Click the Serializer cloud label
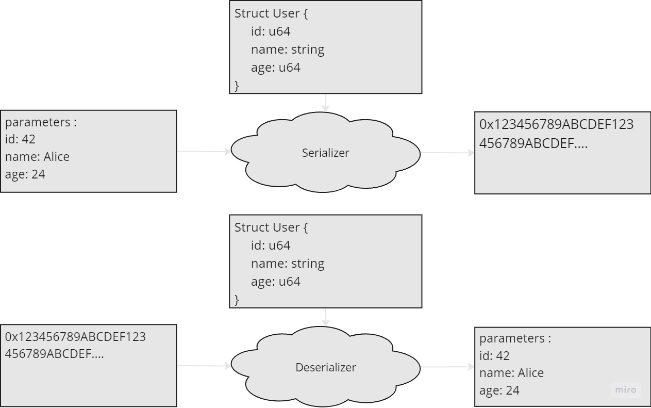coord(325,153)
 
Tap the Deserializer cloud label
coord(325,367)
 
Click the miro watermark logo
coord(626,390)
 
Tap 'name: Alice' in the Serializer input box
coord(37,157)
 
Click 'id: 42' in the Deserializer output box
coord(494,356)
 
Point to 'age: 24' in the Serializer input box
coord(25,174)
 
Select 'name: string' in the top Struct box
coord(288,50)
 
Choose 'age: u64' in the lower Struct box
coord(275,281)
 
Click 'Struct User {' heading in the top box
coord(271,13)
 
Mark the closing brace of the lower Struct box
coord(237,299)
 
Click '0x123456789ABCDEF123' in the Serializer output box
coord(556,124)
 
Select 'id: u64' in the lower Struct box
coord(271,246)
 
